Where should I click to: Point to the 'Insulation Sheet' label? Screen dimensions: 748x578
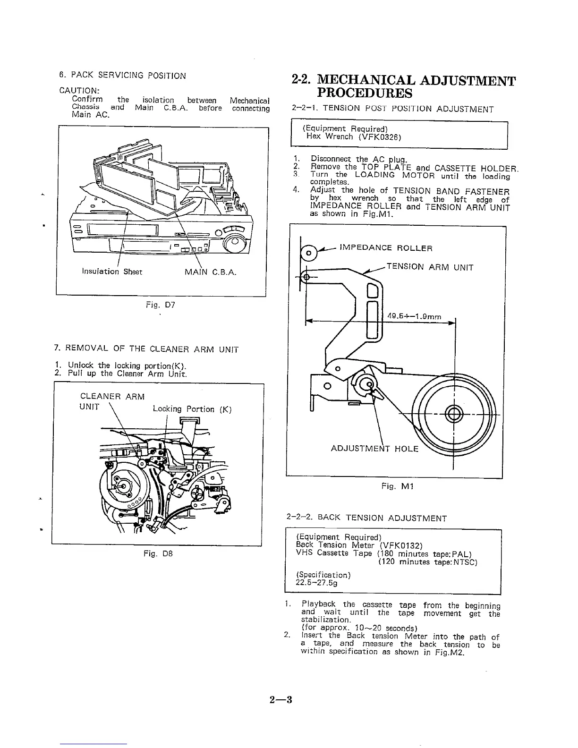(x=112, y=272)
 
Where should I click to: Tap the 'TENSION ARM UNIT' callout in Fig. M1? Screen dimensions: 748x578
(x=429, y=267)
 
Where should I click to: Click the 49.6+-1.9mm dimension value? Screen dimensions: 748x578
(x=414, y=317)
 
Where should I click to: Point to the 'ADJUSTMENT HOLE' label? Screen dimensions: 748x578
(x=374, y=449)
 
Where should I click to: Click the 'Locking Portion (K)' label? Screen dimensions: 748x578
(x=192, y=409)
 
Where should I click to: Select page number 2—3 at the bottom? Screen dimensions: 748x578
(x=281, y=699)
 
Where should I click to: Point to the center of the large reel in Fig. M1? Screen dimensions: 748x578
(x=453, y=415)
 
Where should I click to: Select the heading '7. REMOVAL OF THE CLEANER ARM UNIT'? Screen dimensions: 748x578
(x=146, y=349)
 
